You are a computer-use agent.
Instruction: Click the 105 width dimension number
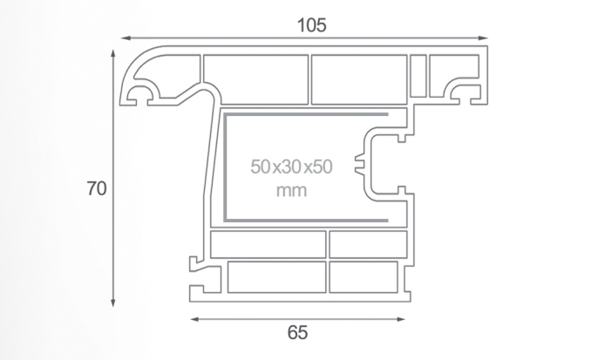coord(312,25)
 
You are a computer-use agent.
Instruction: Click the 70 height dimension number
coord(97,188)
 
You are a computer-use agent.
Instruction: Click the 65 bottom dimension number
coord(297,333)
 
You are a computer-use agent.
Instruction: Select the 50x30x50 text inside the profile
coord(291,167)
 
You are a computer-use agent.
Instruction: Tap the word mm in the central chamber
coord(292,191)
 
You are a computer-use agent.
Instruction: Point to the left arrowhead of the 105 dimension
coord(126,37)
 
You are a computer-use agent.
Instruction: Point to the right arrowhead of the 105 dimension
coord(483,37)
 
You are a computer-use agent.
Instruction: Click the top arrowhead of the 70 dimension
coord(113,54)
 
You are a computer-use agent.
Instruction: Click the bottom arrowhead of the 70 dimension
coord(113,302)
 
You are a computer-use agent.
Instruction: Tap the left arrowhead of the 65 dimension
coord(195,319)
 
